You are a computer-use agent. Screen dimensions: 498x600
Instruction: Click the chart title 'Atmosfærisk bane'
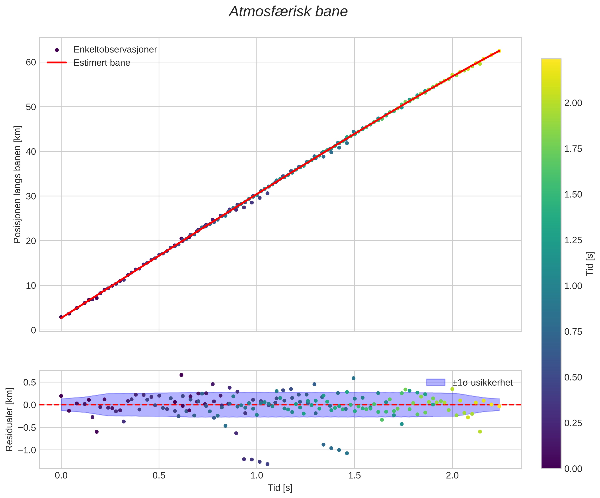coord(288,12)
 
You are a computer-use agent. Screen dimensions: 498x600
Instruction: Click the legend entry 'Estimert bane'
coord(102,63)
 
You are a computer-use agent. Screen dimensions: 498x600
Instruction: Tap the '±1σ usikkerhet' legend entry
coord(483,382)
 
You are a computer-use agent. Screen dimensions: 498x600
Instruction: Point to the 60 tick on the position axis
coord(31,62)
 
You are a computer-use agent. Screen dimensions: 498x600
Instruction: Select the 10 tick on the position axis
coord(31,286)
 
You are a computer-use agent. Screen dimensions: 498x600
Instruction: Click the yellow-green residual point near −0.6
coord(480,432)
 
